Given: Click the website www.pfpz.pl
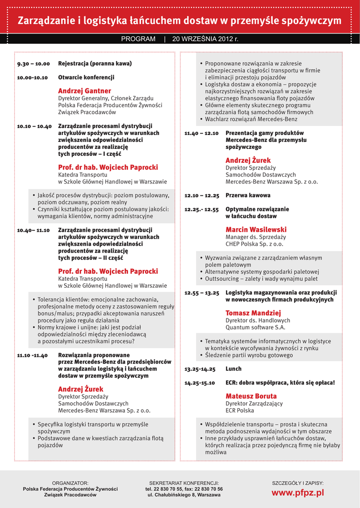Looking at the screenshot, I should (297, 493).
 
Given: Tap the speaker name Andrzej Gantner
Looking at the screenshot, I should (84, 91).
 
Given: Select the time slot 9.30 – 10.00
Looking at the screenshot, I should (33, 64).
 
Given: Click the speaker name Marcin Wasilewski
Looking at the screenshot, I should (256, 230).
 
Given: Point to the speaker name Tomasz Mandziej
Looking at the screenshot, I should (253, 313).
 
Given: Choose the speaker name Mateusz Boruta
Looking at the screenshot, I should (251, 396).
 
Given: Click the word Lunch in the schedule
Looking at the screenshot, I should (233, 369).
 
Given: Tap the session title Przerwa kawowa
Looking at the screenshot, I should (248, 195).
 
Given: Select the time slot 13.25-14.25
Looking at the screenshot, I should (200, 370).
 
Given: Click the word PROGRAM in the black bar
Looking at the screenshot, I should (138, 39).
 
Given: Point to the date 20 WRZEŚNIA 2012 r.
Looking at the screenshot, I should (205, 39).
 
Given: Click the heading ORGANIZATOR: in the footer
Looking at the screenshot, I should (70, 483).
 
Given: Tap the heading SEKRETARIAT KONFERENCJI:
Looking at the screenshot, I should (184, 483).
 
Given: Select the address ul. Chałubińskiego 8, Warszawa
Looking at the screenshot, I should (184, 495).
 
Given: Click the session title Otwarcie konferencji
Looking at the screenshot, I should (86, 77).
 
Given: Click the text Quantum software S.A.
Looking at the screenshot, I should (255, 327).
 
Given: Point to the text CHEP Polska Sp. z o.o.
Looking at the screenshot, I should (254, 244).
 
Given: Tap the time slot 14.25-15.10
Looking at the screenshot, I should (200, 383).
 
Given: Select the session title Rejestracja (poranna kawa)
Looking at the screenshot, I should (95, 63).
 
